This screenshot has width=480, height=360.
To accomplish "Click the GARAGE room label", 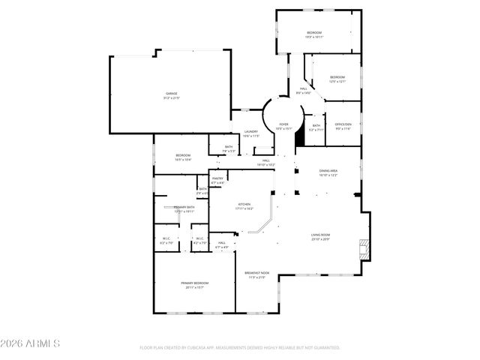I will tap(172, 94).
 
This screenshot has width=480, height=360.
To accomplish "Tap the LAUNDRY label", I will tap(250, 131).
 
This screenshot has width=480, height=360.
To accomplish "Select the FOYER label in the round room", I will tap(283, 124).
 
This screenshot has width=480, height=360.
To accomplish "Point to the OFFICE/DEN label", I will tap(343, 125).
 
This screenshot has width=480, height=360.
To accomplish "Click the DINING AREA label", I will tap(328, 171).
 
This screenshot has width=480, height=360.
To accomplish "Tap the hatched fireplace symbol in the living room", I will tap(364, 249).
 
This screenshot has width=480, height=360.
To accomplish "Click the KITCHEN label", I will tap(245, 204).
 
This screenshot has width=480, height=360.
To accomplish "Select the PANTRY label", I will tap(217, 178).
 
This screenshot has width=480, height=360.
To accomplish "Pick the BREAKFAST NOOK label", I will tap(256, 273).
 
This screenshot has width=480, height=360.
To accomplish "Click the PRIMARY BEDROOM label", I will tap(193, 283).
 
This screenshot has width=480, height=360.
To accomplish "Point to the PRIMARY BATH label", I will tap(184, 207).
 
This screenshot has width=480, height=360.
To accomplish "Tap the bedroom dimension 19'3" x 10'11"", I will tap(314, 37).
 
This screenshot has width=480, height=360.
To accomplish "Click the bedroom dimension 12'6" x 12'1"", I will tap(337, 82).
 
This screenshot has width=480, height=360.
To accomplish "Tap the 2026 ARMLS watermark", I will tap(30, 343).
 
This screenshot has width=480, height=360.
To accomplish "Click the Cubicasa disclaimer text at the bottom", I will tap(240, 348).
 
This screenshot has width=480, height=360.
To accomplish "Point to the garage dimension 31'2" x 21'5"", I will tap(172, 98).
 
